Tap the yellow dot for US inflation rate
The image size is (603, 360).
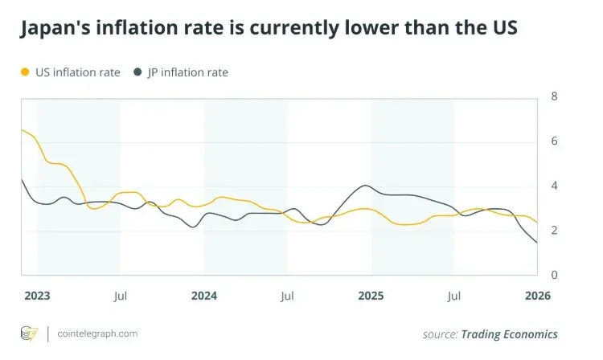pyautogui.click(x=24, y=72)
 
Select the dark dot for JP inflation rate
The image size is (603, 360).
pyautogui.click(x=137, y=72)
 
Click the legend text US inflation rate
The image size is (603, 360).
pyautogui.click(x=77, y=72)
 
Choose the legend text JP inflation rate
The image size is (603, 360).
pyautogui.click(x=187, y=72)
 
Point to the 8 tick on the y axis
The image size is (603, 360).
pyautogui.click(x=554, y=96)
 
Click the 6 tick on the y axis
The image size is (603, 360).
pyautogui.click(x=554, y=141)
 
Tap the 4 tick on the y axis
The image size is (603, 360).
pyautogui.click(x=554, y=186)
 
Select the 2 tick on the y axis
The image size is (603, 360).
pyautogui.click(x=554, y=231)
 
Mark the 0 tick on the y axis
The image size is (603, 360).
pyautogui.click(x=554, y=276)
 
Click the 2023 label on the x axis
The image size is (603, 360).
pyautogui.click(x=37, y=296)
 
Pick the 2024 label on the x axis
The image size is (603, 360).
pyautogui.click(x=204, y=296)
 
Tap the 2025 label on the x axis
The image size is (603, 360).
pyautogui.click(x=371, y=296)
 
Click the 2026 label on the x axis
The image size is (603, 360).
pyautogui.click(x=537, y=296)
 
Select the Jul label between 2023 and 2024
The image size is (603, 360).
pyautogui.click(x=121, y=296)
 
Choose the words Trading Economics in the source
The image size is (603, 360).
pyautogui.click(x=509, y=333)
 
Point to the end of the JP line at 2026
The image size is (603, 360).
pyautogui.click(x=536, y=242)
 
